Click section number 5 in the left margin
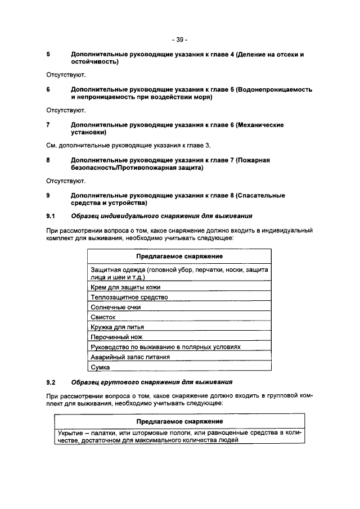coord(48,55)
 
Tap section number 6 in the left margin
coord(48,89)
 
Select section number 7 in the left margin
coord(48,125)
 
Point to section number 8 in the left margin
coord(48,160)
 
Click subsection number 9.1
coord(50,216)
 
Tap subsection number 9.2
coord(50,382)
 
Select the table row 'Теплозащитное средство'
coord(129,297)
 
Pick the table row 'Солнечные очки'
coord(115,307)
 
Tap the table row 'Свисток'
coord(103,317)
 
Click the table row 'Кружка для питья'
coord(118,327)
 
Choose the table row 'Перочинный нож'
coord(116,337)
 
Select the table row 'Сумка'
coord(100,367)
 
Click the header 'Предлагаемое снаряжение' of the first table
coord(179,256)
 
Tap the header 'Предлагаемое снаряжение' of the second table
coord(179,421)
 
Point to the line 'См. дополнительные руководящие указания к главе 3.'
coord(128,146)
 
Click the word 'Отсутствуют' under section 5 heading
coord(65,75)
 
